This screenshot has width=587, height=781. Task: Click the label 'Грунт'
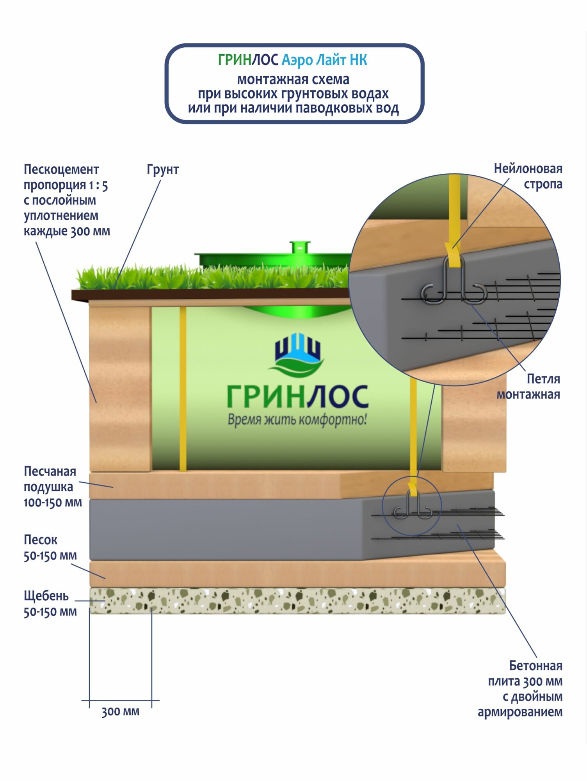click(x=163, y=169)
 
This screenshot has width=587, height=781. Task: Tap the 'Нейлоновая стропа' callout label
click(x=528, y=176)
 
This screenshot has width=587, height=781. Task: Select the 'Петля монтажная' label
click(x=528, y=387)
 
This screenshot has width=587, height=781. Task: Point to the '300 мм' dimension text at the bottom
click(x=120, y=711)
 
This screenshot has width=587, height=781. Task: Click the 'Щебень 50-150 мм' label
click(x=50, y=604)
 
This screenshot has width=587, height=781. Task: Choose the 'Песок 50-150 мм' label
click(x=50, y=547)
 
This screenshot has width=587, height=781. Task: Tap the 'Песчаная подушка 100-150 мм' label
click(x=52, y=487)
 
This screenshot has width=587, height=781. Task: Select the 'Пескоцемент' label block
click(x=66, y=200)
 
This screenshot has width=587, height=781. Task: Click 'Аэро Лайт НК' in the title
click(x=324, y=60)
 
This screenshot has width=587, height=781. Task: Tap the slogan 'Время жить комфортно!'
click(x=297, y=420)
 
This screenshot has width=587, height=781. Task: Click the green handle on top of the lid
click(x=300, y=247)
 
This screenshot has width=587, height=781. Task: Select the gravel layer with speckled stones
click(x=297, y=601)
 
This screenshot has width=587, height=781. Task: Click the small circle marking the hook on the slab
click(x=411, y=506)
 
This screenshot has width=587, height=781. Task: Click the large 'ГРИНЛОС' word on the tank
click(x=297, y=397)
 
